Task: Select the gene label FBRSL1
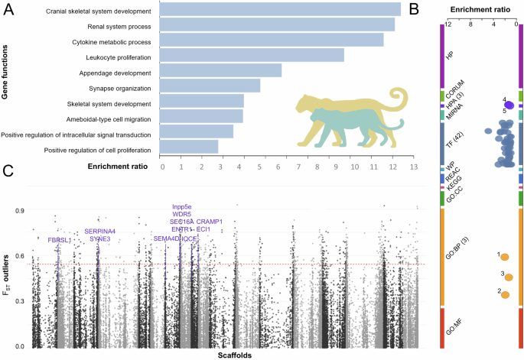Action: click(60, 240)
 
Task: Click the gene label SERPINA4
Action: click(99, 231)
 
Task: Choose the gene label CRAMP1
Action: click(209, 222)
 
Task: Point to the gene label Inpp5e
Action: click(182, 206)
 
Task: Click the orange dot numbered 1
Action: click(504, 258)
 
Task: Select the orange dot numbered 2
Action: click(504, 294)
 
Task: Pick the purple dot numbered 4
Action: click(509, 105)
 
